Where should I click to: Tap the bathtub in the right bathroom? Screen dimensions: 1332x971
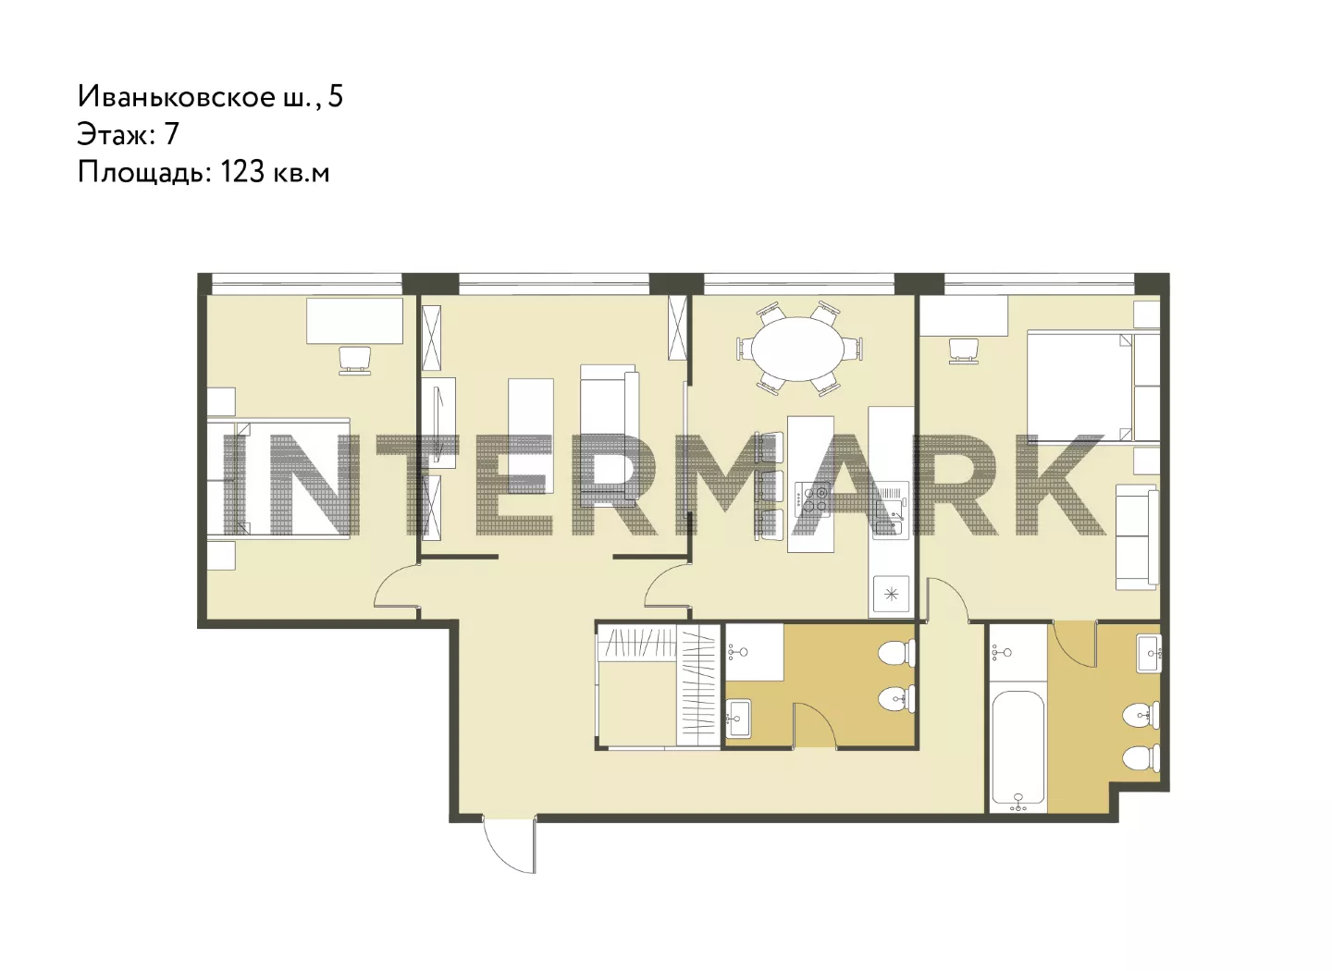pyautogui.click(x=1018, y=750)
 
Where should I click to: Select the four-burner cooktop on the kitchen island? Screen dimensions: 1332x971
pyautogui.click(x=813, y=498)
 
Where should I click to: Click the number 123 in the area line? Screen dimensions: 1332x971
pyautogui.click(x=242, y=171)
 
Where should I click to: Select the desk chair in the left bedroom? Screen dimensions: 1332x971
pyautogui.click(x=354, y=360)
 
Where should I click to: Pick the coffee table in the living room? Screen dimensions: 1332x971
pyautogui.click(x=530, y=436)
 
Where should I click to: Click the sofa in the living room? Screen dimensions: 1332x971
pyautogui.click(x=610, y=436)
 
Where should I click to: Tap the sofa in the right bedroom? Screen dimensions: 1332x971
pyautogui.click(x=1137, y=537)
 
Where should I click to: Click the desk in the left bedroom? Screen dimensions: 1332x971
pyautogui.click(x=354, y=321)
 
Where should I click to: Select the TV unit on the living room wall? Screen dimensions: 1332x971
pyautogui.click(x=438, y=423)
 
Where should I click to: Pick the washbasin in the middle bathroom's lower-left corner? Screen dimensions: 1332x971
pyautogui.click(x=739, y=719)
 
